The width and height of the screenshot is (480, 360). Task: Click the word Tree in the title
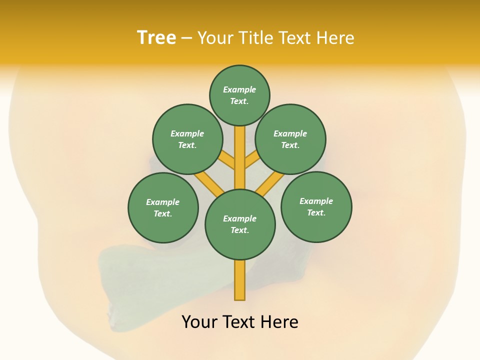point(156,37)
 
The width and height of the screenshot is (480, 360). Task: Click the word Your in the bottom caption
point(200,322)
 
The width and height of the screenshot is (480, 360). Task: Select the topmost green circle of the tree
point(239,95)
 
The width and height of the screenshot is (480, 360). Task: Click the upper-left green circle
point(187,139)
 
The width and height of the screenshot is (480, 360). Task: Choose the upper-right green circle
point(290,139)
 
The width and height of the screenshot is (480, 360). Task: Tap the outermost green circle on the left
point(163,207)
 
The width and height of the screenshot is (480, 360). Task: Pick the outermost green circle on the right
point(316,206)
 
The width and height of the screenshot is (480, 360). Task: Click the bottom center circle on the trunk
point(240,224)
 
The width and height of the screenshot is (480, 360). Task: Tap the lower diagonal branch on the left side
point(209,183)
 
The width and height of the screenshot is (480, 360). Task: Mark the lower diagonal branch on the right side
point(270,183)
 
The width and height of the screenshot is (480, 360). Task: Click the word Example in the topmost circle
point(239,89)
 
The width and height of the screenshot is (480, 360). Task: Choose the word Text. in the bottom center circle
point(239,230)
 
